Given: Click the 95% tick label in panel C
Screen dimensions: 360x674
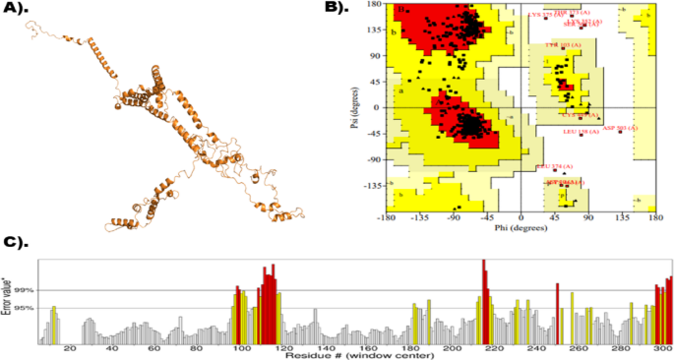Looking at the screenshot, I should click(23, 309).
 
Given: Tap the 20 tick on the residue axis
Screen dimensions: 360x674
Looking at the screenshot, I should click(69, 347).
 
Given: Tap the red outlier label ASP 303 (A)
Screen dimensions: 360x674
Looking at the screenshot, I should click(620, 128).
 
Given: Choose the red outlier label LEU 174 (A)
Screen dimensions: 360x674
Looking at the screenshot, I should click(554, 166).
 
